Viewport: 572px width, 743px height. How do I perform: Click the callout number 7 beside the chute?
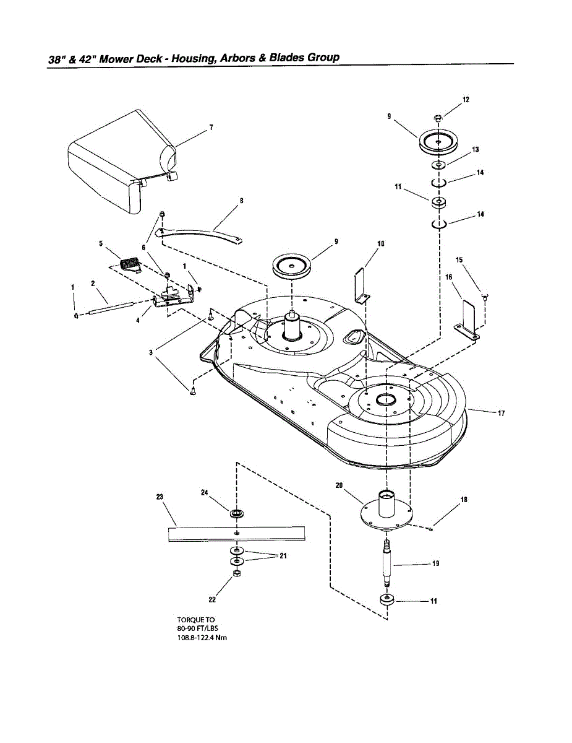point(211,128)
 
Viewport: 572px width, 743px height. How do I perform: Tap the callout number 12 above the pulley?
point(466,99)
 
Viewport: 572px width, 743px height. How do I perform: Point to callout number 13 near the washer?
point(476,149)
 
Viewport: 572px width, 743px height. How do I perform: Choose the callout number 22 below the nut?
point(212,599)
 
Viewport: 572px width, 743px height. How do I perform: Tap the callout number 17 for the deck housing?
point(501,414)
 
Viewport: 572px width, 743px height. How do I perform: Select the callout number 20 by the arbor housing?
point(339,485)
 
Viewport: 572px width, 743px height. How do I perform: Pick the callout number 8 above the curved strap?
point(241,201)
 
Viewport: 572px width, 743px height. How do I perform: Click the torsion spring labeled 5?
point(130,264)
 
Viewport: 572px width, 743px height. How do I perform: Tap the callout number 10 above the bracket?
point(381,243)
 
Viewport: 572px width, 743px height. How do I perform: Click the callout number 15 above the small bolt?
point(459,260)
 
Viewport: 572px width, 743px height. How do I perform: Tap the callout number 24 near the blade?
point(205,492)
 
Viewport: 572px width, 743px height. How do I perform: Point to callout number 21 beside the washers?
point(283,555)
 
